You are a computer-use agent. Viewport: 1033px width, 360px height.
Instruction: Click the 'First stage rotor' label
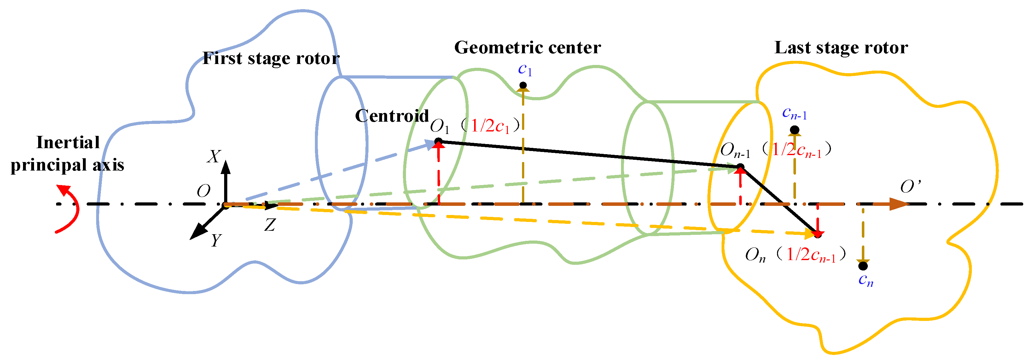[271, 59]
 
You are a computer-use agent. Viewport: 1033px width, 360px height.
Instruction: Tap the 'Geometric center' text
[527, 48]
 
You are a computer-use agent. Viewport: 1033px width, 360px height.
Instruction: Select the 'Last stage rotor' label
[841, 48]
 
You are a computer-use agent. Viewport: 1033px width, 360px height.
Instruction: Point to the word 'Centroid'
[392, 116]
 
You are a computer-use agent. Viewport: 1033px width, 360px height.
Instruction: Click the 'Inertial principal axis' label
[67, 154]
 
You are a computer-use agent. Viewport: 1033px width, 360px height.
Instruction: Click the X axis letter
[214, 157]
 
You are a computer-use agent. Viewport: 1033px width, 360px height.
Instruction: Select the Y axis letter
[216, 241]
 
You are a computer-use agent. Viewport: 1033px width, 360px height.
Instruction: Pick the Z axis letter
[270, 225]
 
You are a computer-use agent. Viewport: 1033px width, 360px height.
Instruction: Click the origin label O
[203, 191]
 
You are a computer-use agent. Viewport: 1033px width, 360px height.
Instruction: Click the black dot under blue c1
[523, 85]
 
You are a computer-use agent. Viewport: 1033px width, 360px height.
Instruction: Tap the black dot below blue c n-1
[794, 130]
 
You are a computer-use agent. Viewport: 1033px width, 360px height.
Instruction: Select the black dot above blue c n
[863, 265]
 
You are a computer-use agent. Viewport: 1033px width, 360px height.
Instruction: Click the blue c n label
[865, 280]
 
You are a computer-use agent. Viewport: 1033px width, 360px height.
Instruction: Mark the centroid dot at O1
[438, 141]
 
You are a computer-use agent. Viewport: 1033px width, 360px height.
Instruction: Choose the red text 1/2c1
[490, 126]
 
